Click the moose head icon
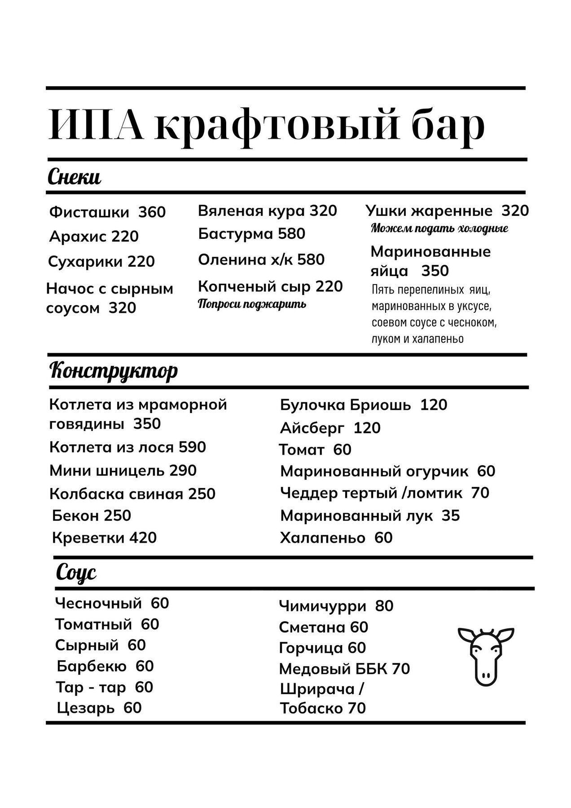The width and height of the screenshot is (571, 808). (x=485, y=656)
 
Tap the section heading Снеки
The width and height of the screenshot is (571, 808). (x=74, y=178)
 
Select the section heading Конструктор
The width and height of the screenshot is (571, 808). (x=113, y=371)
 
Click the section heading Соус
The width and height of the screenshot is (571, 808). (x=76, y=572)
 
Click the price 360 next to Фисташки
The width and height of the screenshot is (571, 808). (x=152, y=212)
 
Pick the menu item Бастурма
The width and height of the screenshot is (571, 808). (x=235, y=234)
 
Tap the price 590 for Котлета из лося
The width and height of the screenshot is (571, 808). (x=192, y=447)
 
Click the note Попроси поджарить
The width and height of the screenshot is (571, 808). (x=252, y=304)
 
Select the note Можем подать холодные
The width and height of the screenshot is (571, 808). (x=439, y=228)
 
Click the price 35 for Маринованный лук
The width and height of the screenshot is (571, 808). (x=451, y=516)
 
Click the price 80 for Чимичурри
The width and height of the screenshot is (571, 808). (x=384, y=606)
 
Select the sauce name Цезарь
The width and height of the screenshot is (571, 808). (x=86, y=708)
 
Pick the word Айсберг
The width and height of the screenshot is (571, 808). (x=312, y=428)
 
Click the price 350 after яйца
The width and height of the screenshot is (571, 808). (x=435, y=271)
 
